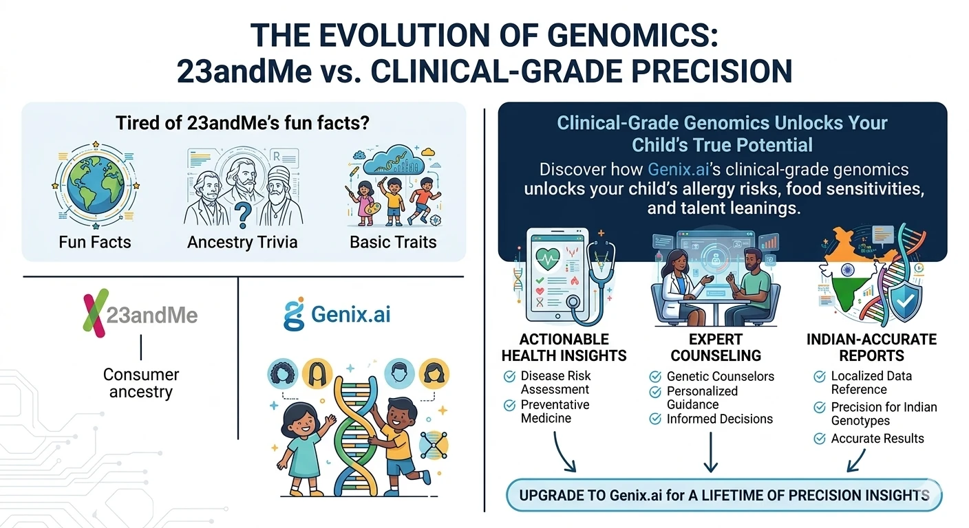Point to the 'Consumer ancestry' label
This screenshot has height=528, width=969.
click(140, 384)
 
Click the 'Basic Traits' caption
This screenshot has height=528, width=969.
click(393, 242)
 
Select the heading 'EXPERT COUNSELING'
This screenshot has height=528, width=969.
click(716, 348)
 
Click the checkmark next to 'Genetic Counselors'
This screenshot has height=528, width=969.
click(655, 377)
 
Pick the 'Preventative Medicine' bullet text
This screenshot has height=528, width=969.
click(555, 411)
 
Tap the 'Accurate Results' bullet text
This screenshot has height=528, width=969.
click(877, 439)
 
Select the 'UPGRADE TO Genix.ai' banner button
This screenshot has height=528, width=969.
click(724, 496)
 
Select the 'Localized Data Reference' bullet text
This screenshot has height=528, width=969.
click(871, 383)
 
